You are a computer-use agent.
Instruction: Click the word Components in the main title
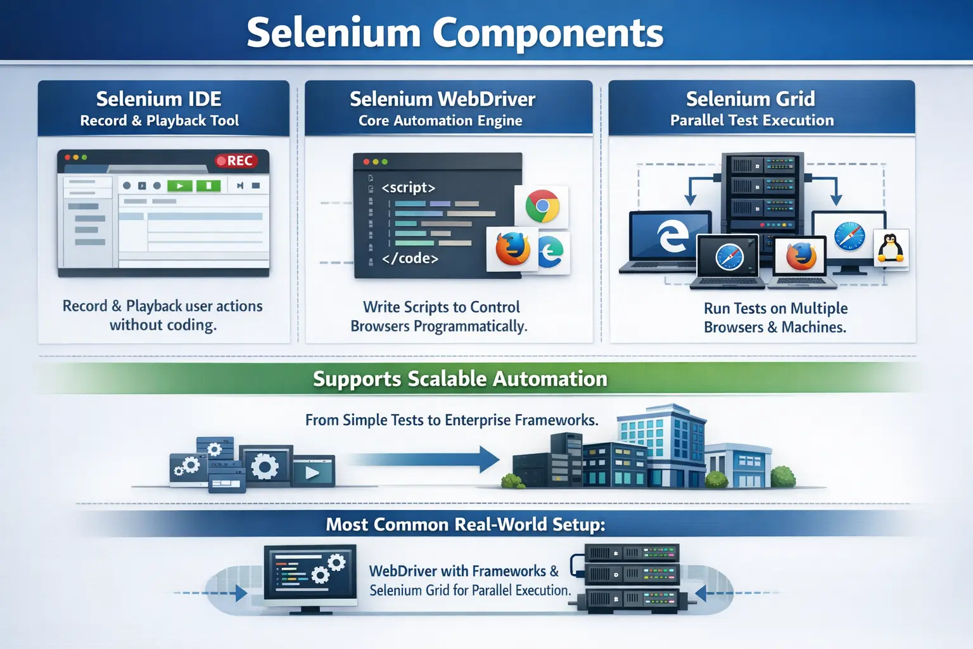(x=548, y=33)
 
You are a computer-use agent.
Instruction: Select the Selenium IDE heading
(x=158, y=99)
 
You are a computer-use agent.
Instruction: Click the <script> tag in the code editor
(x=408, y=188)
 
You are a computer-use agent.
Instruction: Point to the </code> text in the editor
(x=410, y=259)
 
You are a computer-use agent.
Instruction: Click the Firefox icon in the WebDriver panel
(x=512, y=248)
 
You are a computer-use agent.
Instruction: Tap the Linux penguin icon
(x=891, y=248)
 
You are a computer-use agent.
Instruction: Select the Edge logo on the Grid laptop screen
(x=671, y=236)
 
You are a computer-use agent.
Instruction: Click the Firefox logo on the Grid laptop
(x=801, y=257)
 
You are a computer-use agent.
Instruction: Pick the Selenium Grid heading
(x=750, y=99)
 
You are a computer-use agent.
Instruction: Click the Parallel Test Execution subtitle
(x=752, y=120)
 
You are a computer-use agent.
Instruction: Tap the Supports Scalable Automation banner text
(x=460, y=379)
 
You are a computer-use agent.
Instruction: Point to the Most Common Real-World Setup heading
(x=465, y=525)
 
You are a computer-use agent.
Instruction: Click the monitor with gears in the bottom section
(x=310, y=575)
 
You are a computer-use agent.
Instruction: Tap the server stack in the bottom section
(x=632, y=577)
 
